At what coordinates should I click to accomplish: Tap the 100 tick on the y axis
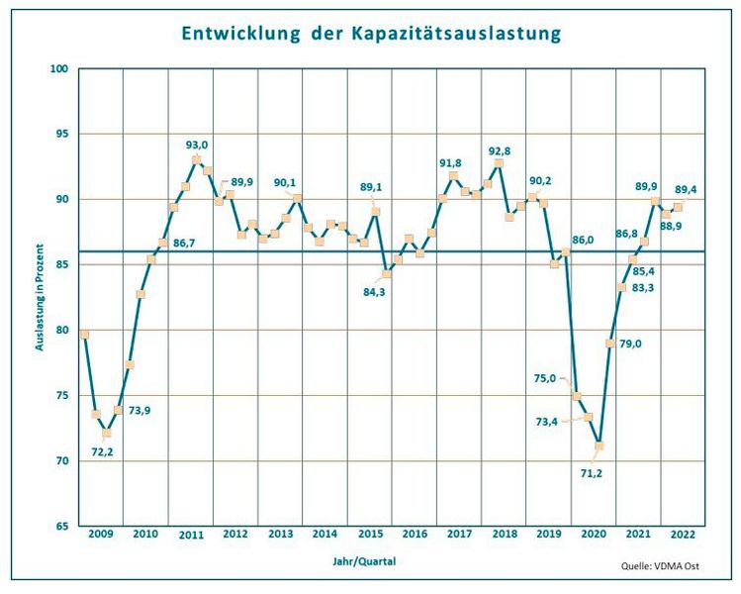(59, 68)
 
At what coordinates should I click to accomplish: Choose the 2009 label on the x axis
(100, 534)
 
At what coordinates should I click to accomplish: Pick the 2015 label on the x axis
(370, 534)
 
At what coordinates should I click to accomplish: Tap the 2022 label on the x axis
(682, 534)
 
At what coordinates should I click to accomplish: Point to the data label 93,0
(198, 145)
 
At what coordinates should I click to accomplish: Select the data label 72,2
(105, 451)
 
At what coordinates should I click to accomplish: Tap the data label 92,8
(500, 150)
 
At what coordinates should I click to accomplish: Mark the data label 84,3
(373, 291)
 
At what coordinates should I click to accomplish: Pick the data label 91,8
(452, 162)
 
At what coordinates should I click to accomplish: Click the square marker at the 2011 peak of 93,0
(197, 159)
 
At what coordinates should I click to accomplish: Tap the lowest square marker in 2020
(598, 446)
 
